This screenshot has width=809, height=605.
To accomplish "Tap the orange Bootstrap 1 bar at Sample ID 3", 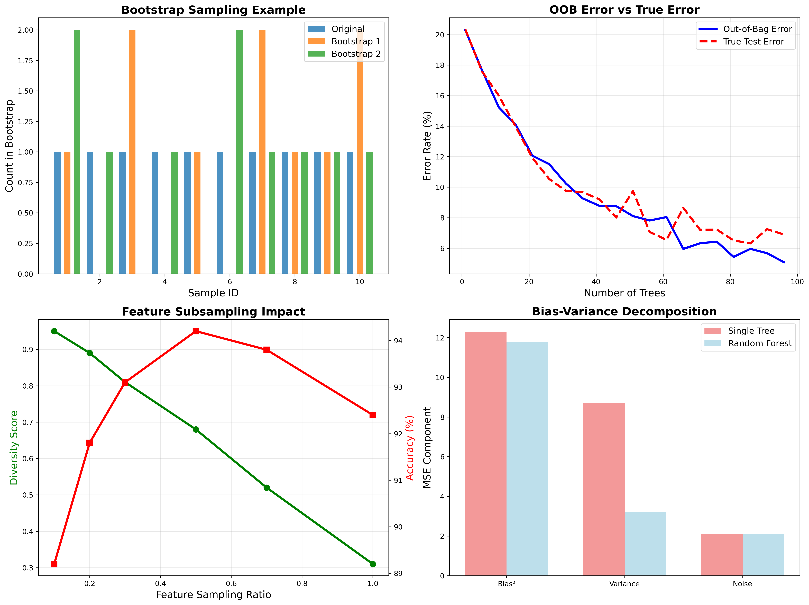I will pyautogui.click(x=132, y=152).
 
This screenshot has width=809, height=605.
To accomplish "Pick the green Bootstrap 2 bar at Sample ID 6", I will pyautogui.click(x=240, y=152).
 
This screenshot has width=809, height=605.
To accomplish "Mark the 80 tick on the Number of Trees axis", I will pyautogui.click(x=730, y=282).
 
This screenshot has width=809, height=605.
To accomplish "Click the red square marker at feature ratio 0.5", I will pyautogui.click(x=196, y=331).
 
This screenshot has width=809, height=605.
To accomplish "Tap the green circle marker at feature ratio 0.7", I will pyautogui.click(x=267, y=488).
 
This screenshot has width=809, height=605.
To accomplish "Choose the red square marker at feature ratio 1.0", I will pyautogui.click(x=373, y=415).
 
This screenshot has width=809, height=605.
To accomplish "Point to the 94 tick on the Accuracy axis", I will pyautogui.click(x=398, y=341).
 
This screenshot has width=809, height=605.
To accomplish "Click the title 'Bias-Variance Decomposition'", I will pyautogui.click(x=624, y=312).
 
